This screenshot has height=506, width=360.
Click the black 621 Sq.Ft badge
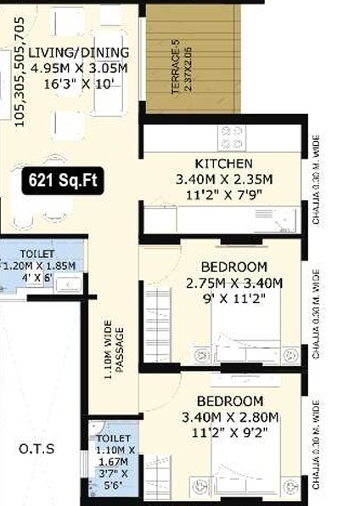tap(64, 180)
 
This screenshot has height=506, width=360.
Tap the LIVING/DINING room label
tap(67, 52)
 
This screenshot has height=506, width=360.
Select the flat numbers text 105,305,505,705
tap(19, 68)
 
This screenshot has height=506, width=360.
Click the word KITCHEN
tap(223, 164)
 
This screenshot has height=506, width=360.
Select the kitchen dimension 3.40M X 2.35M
tap(223, 179)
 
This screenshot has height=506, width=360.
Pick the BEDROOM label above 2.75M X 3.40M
tap(234, 267)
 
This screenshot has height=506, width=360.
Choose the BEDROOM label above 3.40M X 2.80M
tap(229, 401)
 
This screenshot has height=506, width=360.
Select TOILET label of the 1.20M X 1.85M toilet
tap(37, 254)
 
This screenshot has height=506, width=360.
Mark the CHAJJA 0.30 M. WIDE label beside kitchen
tap(316, 178)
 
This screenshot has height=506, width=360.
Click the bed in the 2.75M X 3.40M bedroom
tap(246, 331)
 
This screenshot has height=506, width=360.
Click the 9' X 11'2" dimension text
tap(234, 298)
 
